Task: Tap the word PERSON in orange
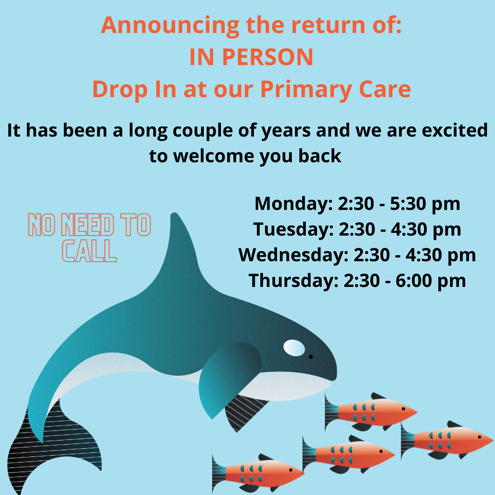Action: [268, 57]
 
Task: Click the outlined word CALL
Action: [89, 251]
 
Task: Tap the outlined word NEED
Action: [88, 225]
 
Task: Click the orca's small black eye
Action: [311, 357]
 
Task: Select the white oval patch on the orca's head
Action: [294, 348]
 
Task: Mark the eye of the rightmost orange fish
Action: [479, 437]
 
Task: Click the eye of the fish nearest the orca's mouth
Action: [403, 409]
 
